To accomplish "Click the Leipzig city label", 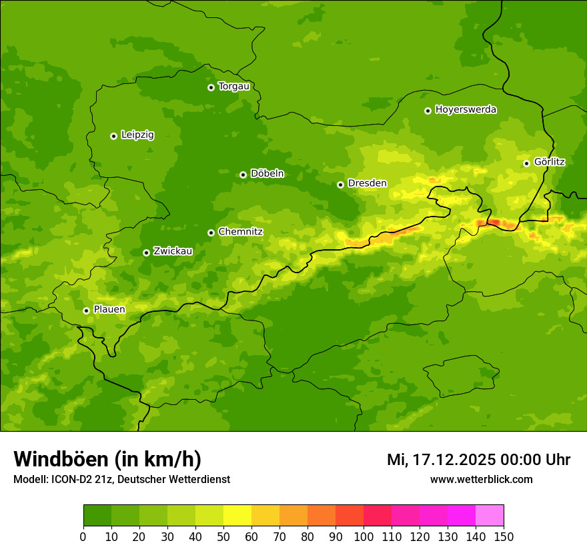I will [137, 135].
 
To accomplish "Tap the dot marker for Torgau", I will [211, 87].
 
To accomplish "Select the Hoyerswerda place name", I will [466, 110].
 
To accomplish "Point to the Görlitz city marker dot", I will [526, 163].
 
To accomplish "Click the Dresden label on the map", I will [367, 184].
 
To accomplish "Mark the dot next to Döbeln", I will [243, 175].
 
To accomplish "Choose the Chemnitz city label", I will [240, 233].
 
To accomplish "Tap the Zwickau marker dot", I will [146, 253].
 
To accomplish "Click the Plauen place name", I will [109, 310].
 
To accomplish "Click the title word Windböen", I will [61, 460].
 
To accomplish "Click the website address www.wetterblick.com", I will [481, 480].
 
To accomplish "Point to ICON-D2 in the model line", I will [74, 480].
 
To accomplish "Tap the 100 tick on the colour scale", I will [364, 537].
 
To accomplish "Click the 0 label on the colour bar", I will [83, 537].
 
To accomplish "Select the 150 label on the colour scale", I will [504, 537].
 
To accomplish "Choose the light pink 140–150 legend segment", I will [490, 516].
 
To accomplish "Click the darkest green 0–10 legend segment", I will [97, 516].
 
